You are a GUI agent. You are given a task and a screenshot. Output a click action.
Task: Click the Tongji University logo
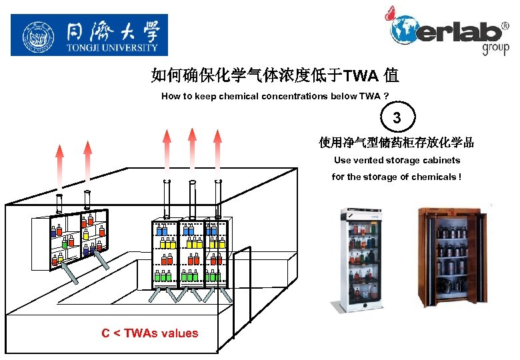[x=89, y=35]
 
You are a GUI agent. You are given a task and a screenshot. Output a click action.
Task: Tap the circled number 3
[x=397, y=118]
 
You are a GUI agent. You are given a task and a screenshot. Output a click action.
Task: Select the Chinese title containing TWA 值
[x=275, y=75]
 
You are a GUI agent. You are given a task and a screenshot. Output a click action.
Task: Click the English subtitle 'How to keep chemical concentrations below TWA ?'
[x=275, y=96]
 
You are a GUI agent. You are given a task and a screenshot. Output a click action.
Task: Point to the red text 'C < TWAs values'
[x=149, y=333]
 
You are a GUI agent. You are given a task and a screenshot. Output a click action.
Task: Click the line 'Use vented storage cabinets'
[x=397, y=160]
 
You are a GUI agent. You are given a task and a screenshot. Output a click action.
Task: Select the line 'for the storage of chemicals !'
[x=397, y=177]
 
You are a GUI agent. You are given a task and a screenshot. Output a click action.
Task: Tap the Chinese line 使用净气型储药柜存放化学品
[x=397, y=143]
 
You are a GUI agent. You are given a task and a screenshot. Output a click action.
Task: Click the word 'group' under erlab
[x=495, y=48]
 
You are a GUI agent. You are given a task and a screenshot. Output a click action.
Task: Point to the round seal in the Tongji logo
[x=38, y=35]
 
